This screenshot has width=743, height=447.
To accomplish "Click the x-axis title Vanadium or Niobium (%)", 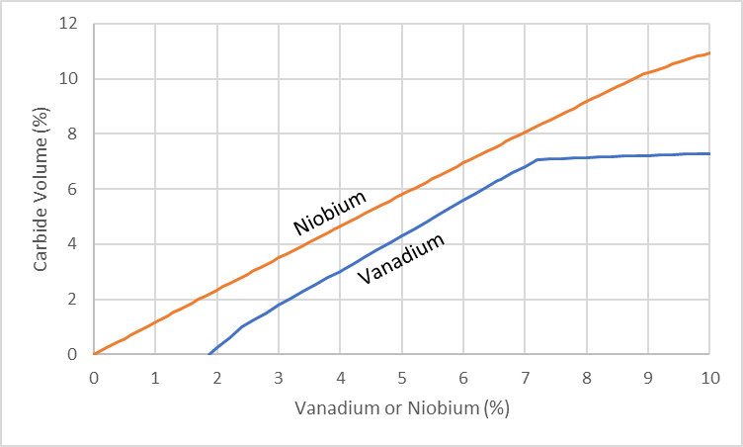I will coord(401,407).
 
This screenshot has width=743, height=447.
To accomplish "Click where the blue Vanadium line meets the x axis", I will coord(208,353).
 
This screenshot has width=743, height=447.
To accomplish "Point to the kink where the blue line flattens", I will coord(537,159).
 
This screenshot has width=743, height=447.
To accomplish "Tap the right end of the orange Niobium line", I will coord(709,52).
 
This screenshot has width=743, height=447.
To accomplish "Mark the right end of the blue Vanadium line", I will coord(709,153).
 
